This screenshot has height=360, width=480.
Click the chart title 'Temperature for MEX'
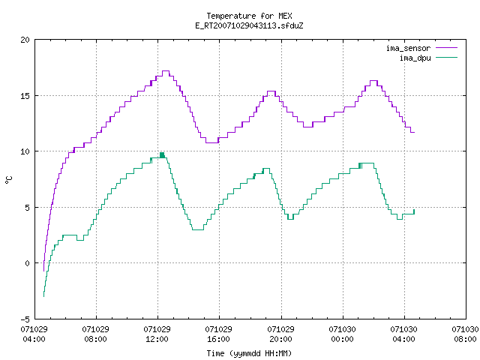pyautogui.click(x=249, y=16)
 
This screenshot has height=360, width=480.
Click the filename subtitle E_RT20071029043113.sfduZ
pyautogui.click(x=249, y=25)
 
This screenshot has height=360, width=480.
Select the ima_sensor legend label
pyautogui.click(x=408, y=48)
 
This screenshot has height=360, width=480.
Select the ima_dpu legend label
pyautogui.click(x=415, y=58)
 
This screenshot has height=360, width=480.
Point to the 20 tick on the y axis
pyautogui.click(x=25, y=40)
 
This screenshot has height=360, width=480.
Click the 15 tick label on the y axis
pyautogui.click(x=25, y=96)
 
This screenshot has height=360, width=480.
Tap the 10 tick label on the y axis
pyautogui.click(x=25, y=151)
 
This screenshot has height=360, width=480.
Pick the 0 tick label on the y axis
pyautogui.click(x=28, y=263)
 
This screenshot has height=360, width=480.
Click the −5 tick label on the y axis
pyautogui.click(x=25, y=319)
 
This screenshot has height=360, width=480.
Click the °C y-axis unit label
pyautogui.click(x=8, y=180)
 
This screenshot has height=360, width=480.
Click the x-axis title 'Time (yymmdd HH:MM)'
pyautogui.click(x=249, y=353)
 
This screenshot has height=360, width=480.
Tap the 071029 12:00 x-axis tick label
pyautogui.click(x=157, y=334)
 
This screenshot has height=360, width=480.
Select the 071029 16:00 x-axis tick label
pyautogui.click(x=218, y=334)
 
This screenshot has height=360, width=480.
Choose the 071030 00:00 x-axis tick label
pyautogui.click(x=342, y=334)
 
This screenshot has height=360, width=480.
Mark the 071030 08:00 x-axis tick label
pyautogui.click(x=465, y=334)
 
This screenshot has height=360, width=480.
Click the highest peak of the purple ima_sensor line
pyautogui.click(x=166, y=71)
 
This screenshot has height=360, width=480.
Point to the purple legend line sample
pyautogui.click(x=447, y=48)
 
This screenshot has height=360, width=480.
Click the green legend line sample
pyautogui.click(x=447, y=57)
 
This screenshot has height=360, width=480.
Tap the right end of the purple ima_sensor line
pyautogui.click(x=414, y=132)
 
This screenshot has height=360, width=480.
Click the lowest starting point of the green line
pyautogui.click(x=43, y=296)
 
